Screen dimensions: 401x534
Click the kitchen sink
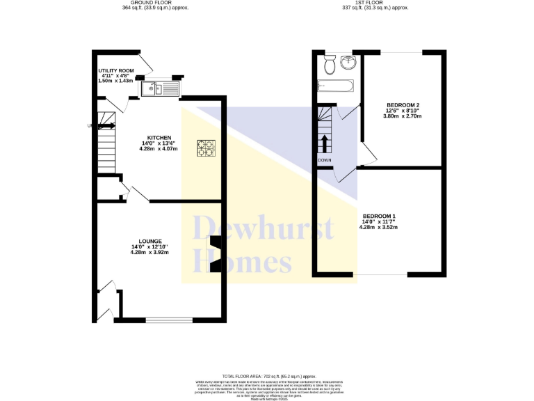[160, 88]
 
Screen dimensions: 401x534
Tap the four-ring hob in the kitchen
[207, 147]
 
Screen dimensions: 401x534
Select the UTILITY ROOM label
[115, 70]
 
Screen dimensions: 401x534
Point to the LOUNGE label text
[150, 241]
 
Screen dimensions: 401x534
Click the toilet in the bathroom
[330, 65]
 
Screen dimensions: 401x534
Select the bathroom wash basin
[347, 63]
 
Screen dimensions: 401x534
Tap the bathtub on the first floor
[336, 86]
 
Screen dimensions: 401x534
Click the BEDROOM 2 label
[403, 104]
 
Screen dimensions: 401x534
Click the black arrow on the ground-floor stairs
[106, 126]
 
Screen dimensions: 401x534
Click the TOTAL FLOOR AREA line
[266, 375]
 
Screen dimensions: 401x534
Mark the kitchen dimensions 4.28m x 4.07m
[158, 148]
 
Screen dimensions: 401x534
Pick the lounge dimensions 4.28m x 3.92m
[149, 252]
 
